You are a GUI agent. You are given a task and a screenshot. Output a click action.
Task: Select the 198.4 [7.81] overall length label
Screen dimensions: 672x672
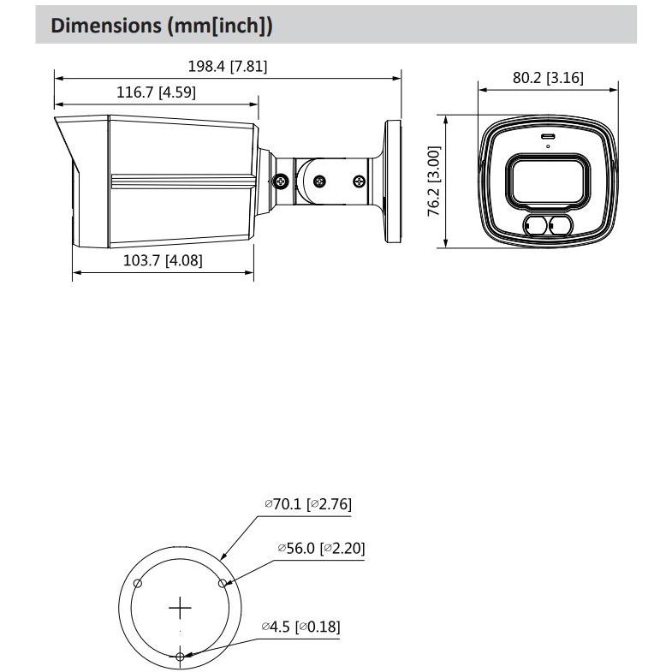(x=227, y=66)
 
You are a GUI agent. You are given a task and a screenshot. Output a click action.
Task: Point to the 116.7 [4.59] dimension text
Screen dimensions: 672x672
(x=156, y=92)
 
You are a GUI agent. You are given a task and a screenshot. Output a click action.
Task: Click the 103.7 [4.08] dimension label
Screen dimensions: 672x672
(x=163, y=259)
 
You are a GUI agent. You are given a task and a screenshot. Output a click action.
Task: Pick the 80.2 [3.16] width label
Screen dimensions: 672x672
(x=548, y=78)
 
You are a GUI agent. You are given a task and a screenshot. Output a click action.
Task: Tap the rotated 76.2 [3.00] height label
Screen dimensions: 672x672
(x=434, y=181)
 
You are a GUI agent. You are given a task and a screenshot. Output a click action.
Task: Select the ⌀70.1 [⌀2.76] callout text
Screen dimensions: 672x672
(x=307, y=504)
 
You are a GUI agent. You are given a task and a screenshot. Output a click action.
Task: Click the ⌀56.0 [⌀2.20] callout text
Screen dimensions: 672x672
(x=321, y=548)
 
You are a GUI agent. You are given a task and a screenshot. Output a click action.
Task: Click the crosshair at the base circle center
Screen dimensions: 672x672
(x=181, y=609)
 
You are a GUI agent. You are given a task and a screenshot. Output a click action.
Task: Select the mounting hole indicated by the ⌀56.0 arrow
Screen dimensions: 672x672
(x=223, y=584)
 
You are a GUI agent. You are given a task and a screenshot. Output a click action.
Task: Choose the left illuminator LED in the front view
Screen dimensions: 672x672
(x=536, y=226)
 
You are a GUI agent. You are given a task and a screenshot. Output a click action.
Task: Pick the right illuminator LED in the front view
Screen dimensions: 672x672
(x=560, y=226)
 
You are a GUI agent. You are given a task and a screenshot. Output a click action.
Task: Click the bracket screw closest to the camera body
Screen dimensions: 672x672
(x=280, y=181)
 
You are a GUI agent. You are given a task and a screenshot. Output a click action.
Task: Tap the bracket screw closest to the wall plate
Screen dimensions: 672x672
(x=360, y=181)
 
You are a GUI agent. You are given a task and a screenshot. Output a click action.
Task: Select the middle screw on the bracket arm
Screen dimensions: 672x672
(x=319, y=181)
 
